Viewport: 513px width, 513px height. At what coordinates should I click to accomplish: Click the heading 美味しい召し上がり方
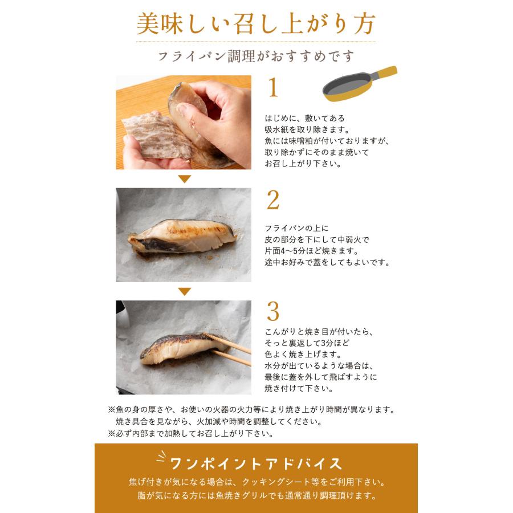(256, 24)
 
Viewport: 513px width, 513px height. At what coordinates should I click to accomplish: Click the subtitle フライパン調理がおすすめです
(256, 56)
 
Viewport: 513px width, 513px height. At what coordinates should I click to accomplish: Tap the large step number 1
(273, 87)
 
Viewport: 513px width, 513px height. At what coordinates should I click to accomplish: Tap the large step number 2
(273, 200)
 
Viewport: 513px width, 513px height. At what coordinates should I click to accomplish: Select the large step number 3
(273, 311)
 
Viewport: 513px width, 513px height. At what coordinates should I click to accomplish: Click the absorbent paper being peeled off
(156, 136)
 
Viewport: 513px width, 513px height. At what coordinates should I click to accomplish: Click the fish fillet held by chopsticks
(178, 349)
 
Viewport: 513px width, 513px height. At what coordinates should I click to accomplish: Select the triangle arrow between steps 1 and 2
(185, 178)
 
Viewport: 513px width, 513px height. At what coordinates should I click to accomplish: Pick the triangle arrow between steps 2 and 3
(185, 291)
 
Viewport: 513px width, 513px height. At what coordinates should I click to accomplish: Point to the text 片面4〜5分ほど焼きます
(312, 251)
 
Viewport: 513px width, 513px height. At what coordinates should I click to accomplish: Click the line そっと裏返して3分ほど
(307, 343)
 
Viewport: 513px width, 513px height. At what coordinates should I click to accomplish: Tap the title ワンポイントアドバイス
(256, 463)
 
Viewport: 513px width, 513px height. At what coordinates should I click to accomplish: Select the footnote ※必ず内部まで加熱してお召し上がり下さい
(190, 434)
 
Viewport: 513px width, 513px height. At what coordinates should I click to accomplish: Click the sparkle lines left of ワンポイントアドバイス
(162, 456)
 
